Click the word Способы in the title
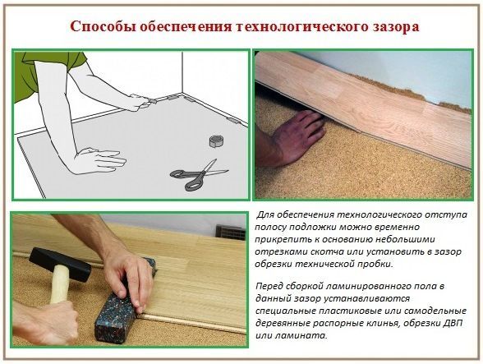click(x=103, y=27)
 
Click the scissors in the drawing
click(x=199, y=174)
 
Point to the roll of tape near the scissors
click(x=217, y=141)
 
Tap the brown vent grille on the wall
click(x=231, y=233)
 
